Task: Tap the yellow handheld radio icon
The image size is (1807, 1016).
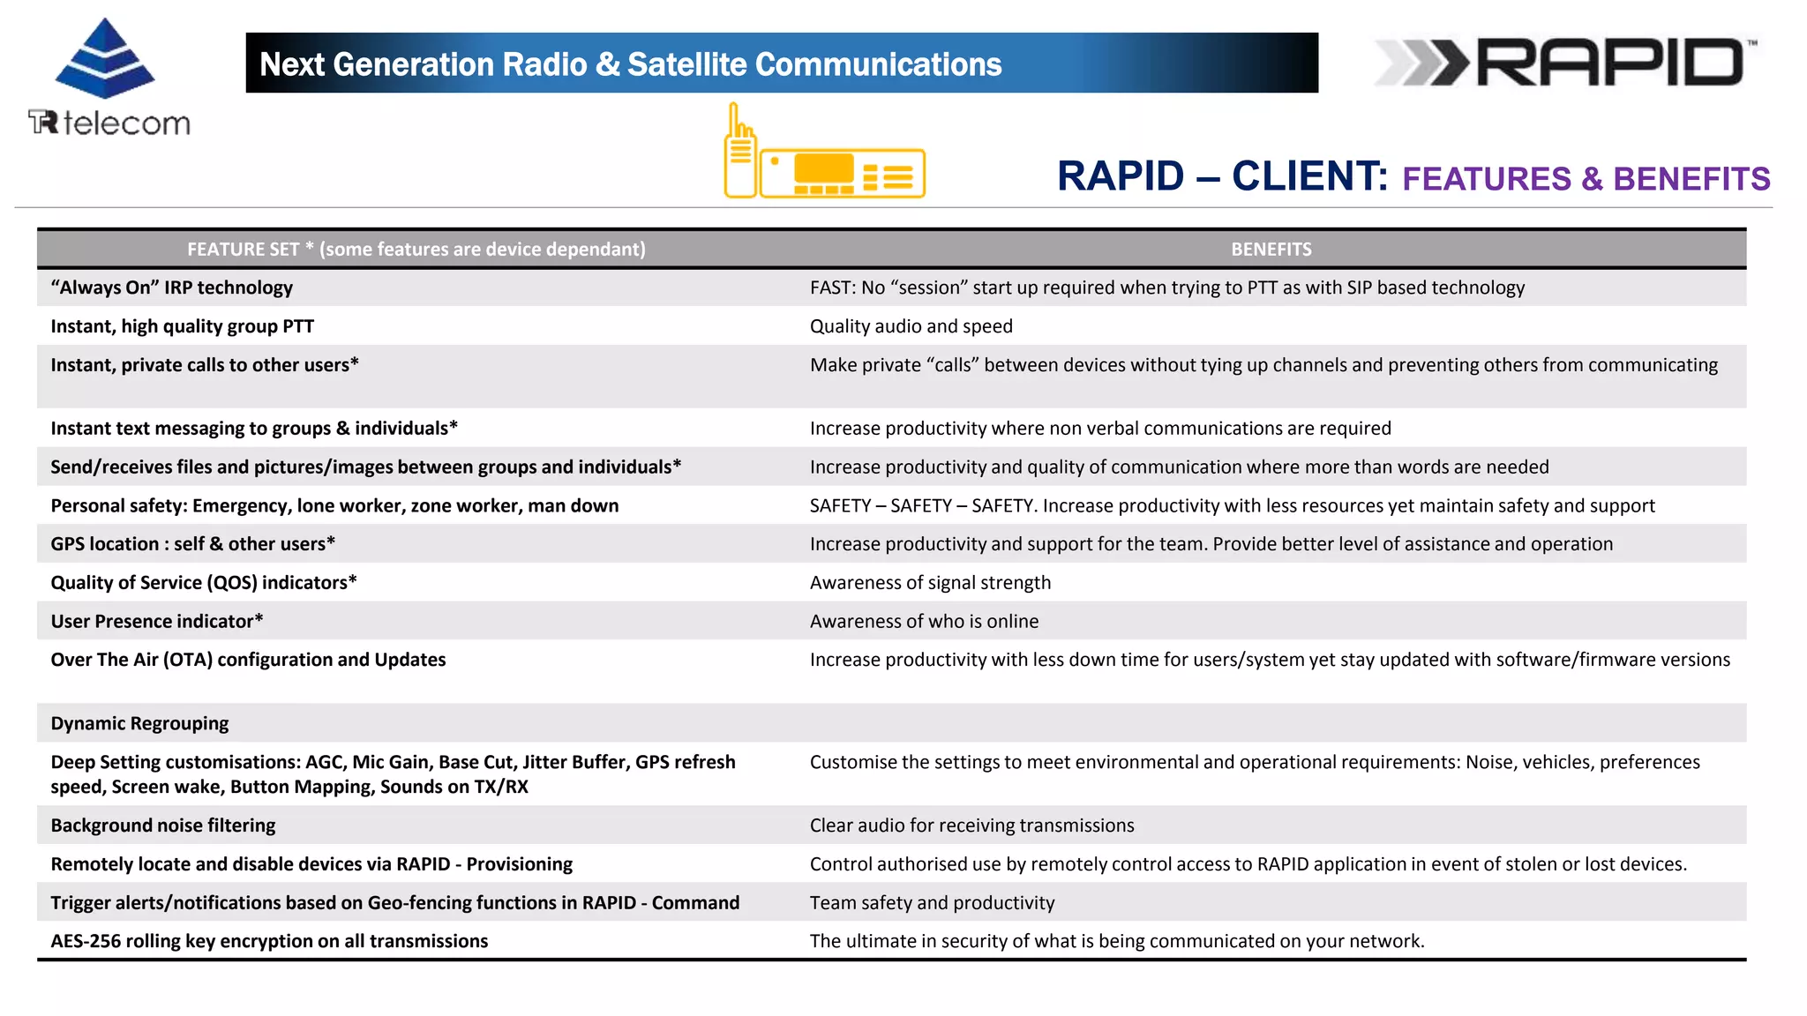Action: click(740, 153)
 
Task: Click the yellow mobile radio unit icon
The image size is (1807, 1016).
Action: click(843, 173)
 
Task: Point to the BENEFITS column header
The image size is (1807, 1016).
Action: click(1271, 250)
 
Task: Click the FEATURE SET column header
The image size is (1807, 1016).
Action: click(416, 250)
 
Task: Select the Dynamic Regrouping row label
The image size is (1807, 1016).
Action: click(139, 723)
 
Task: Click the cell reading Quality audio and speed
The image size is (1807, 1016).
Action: click(911, 326)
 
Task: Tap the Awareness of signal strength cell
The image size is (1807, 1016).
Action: click(930, 583)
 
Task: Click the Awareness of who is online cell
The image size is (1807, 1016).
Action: click(924, 622)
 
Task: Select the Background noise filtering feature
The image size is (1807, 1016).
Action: click(163, 825)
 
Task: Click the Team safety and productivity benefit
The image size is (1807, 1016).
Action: click(932, 903)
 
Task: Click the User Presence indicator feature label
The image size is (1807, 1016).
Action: click(157, 622)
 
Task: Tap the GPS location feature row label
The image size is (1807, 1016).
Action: click(192, 544)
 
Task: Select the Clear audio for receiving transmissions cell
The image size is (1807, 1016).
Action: click(971, 825)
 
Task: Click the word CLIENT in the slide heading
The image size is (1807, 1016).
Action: click(1308, 176)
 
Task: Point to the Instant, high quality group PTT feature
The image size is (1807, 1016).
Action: click(182, 326)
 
